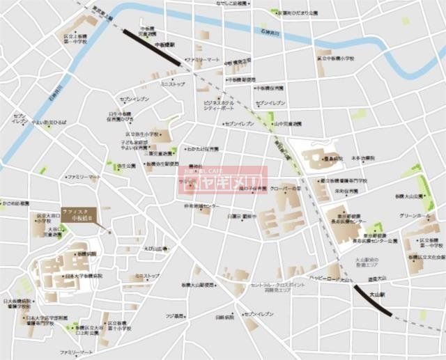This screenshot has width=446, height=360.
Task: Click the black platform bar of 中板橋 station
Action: tap(151, 47)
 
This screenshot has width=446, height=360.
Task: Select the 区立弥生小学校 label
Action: tap(142, 134)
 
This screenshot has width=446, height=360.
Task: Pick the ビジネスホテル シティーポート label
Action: tap(218, 105)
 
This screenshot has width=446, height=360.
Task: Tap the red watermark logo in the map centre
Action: tap(221, 181)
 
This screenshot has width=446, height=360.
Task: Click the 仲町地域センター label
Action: tap(201, 206)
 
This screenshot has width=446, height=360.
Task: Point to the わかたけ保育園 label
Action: tap(202, 149)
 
